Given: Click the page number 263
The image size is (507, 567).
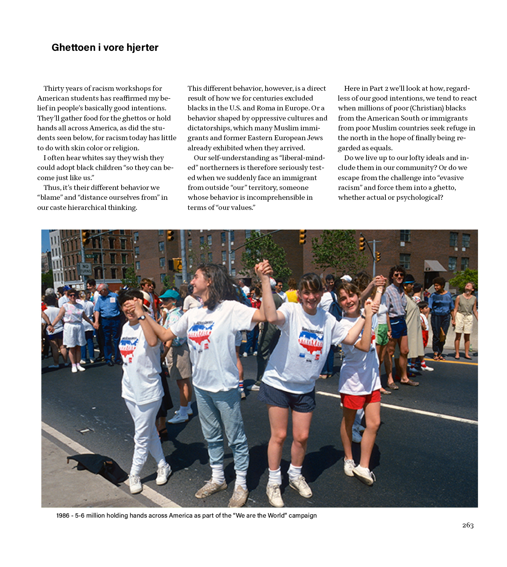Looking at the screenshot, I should tap(468, 525).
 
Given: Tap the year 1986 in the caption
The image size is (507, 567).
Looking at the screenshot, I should tap(63, 515).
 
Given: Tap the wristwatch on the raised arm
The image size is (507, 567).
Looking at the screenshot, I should tap(142, 317).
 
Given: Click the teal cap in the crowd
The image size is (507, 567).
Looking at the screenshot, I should tap(169, 295).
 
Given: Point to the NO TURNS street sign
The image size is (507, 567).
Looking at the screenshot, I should tap(85, 269).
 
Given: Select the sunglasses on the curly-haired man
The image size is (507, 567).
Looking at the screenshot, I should tap(398, 275).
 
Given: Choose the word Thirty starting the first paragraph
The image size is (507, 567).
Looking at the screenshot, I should tap(54, 89).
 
